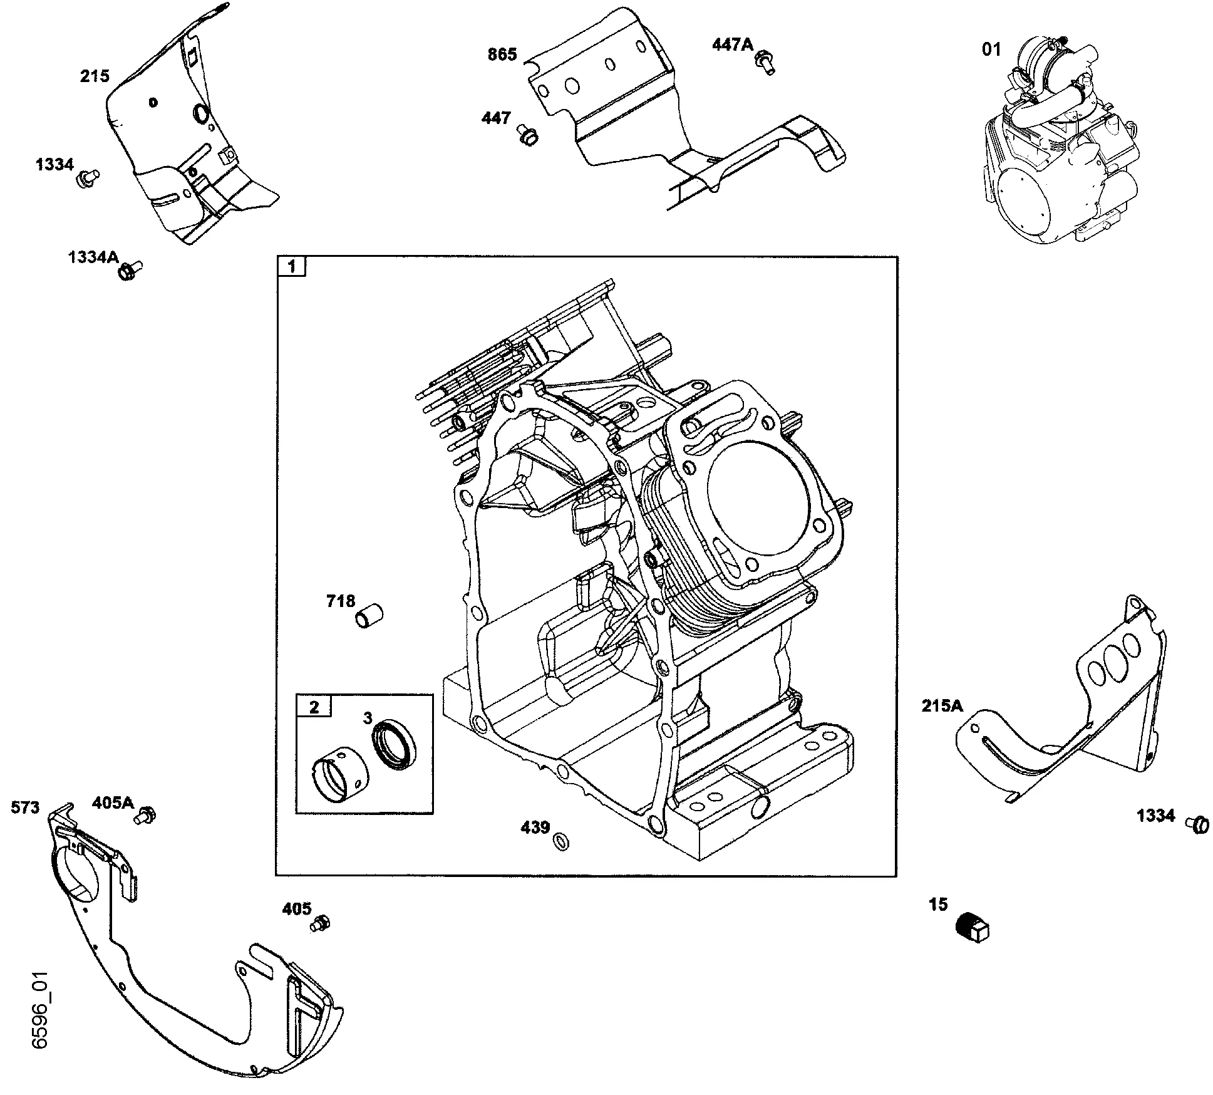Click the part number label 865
coord(502,55)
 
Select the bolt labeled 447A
coord(765,63)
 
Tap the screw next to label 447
coord(528,135)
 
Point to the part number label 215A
coord(942,706)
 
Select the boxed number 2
coord(314,707)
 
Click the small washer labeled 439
coord(561,841)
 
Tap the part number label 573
coord(25,808)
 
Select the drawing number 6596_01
coord(40,1019)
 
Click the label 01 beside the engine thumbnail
coord(991,49)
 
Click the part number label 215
coord(95,76)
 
